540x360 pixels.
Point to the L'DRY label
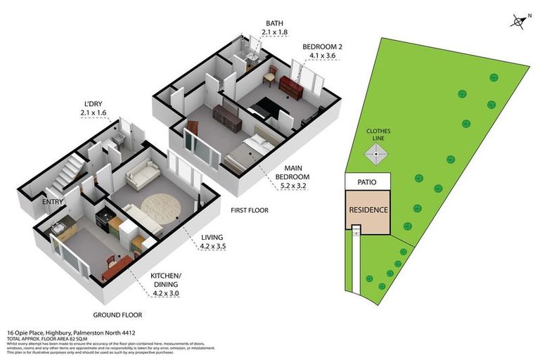94,103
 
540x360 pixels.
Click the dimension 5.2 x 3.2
293,186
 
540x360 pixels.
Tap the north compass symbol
518,22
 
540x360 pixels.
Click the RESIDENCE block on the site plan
368,210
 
